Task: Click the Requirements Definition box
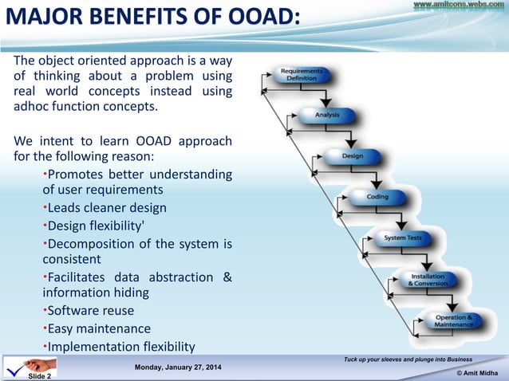click(301, 76)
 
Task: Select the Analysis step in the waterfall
click(327, 115)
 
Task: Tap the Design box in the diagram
click(352, 156)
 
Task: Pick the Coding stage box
click(377, 196)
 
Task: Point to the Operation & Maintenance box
click(453, 321)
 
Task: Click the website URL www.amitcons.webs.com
click(459, 6)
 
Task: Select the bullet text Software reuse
click(90, 310)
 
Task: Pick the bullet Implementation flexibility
click(120, 346)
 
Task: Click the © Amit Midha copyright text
click(476, 373)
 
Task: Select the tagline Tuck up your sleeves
click(407, 360)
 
